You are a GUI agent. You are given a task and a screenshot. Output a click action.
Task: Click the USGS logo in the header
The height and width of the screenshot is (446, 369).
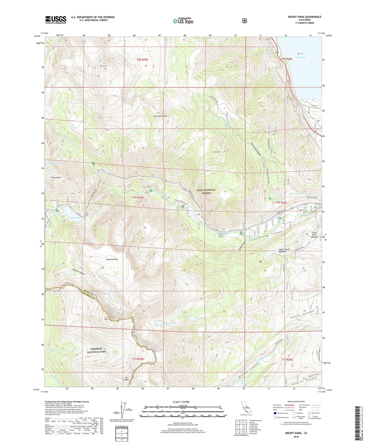[x=56, y=20]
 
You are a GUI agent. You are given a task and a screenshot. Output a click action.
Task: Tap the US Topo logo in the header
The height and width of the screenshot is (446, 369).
[x=183, y=21]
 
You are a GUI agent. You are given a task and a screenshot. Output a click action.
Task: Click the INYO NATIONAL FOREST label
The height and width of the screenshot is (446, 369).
[x=206, y=191]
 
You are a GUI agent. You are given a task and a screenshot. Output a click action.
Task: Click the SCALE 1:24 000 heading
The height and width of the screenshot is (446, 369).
[x=181, y=402]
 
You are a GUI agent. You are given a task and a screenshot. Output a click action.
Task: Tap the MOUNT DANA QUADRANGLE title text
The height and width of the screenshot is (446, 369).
[x=301, y=17]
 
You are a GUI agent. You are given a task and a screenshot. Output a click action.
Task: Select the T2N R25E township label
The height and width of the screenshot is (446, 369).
[x=142, y=60]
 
